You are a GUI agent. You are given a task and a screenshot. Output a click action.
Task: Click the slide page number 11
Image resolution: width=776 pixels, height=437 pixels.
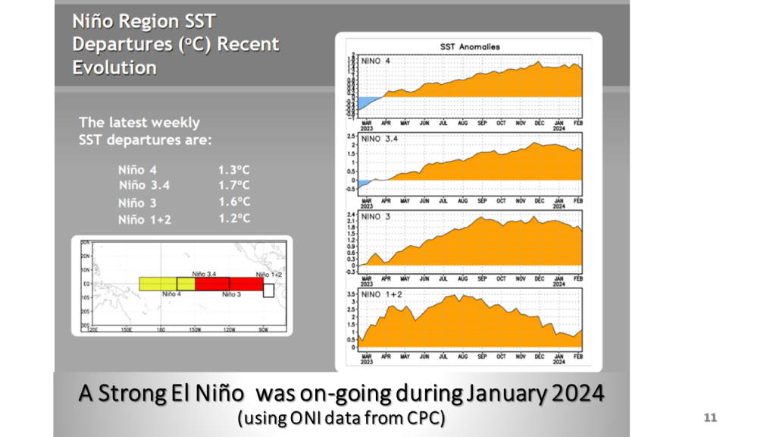(x=710, y=418)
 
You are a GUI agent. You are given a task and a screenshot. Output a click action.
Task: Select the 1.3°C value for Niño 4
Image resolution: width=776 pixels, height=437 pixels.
(x=234, y=169)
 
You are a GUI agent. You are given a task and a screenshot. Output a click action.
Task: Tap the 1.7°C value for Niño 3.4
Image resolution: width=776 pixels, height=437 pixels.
(x=234, y=185)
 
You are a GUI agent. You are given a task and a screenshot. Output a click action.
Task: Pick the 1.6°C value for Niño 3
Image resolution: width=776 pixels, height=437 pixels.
(x=234, y=202)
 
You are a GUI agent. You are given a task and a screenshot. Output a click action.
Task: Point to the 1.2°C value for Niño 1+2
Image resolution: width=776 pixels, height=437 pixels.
(x=234, y=218)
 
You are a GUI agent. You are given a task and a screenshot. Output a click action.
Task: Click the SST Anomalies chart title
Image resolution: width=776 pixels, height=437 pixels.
(x=470, y=47)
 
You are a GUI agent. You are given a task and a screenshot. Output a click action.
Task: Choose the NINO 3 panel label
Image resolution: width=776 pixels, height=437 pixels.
(x=378, y=217)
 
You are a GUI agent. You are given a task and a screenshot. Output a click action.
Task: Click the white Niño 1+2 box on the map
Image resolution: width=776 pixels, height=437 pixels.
(x=268, y=291)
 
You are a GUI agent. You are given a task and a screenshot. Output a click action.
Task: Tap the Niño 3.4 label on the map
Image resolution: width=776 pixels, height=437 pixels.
(x=205, y=273)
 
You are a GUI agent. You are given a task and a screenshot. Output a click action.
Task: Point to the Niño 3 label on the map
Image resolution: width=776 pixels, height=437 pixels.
(x=232, y=294)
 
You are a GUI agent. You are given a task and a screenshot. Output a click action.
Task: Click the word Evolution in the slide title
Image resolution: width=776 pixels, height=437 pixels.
(x=114, y=68)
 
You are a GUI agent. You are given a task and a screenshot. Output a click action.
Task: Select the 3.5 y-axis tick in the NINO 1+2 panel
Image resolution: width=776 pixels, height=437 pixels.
(x=352, y=293)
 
